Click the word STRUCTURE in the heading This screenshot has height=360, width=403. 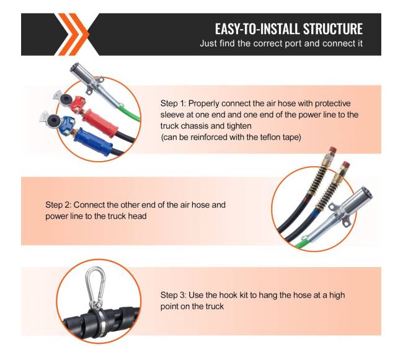(332, 29)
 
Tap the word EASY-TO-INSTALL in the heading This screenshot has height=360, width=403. (257, 29)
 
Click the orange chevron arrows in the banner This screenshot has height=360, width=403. (73, 34)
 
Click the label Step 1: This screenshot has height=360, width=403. (173, 103)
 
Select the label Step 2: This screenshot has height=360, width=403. (58, 205)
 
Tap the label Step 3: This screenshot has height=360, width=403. (173, 295)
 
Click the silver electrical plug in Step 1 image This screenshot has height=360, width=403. (95, 86)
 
